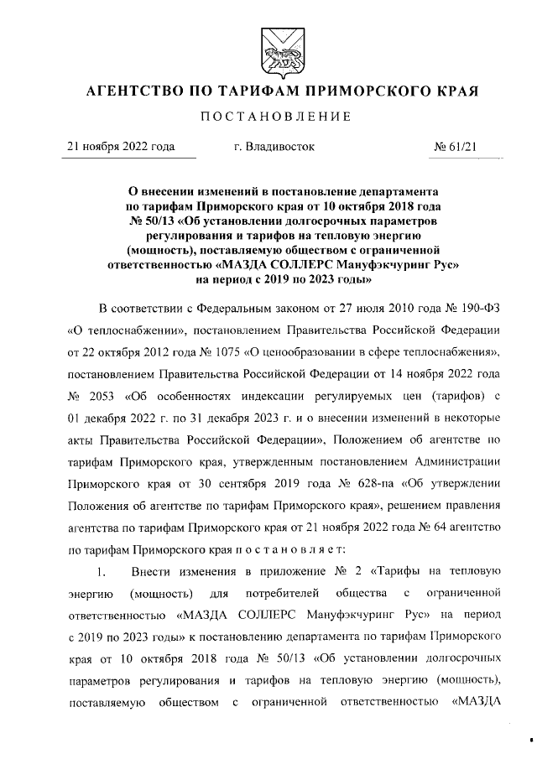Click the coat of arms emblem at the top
tap(268, 49)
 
